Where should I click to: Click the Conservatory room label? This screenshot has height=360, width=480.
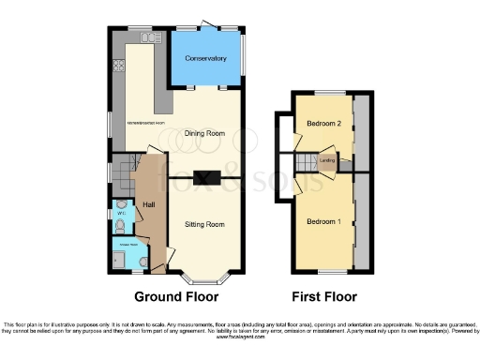(x=205, y=58)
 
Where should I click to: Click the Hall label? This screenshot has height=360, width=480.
(x=148, y=203)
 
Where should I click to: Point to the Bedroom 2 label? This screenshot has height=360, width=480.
(x=322, y=123)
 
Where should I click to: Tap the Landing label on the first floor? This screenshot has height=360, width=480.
(x=327, y=161)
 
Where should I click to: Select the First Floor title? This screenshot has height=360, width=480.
(x=324, y=297)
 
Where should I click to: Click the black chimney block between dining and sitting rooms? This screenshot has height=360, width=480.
(x=205, y=177)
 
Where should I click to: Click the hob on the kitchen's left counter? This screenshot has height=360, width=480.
(x=119, y=66)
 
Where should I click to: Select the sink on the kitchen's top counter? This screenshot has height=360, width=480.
(x=149, y=37)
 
